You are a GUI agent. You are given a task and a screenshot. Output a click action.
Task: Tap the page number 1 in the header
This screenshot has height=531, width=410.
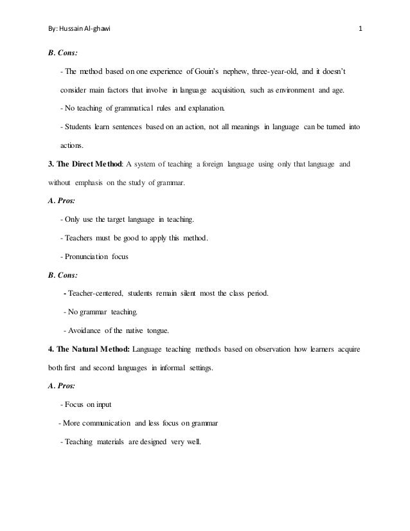tap(361, 29)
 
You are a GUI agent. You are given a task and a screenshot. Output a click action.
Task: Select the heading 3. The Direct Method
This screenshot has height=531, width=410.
tap(86, 165)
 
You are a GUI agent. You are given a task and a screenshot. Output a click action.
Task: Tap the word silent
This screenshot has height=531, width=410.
tap(201, 294)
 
